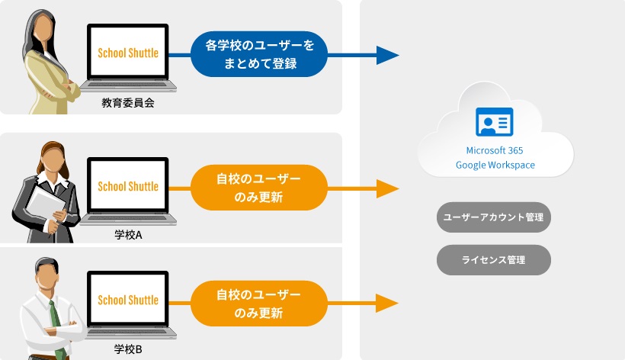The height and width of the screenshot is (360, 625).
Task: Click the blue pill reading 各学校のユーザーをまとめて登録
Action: click(x=259, y=55)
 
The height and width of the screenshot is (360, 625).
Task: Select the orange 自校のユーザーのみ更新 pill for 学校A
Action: click(x=259, y=188)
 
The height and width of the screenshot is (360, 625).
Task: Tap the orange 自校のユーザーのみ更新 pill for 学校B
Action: click(x=259, y=304)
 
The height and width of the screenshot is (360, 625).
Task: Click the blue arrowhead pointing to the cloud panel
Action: click(x=387, y=55)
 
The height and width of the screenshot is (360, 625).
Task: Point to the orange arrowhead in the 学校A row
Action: click(x=387, y=188)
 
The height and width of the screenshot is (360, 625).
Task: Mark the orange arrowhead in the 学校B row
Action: click(x=387, y=304)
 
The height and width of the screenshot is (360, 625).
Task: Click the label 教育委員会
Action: click(x=128, y=102)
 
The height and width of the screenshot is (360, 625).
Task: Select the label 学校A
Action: click(x=128, y=234)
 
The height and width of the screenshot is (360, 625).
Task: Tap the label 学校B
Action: click(x=128, y=349)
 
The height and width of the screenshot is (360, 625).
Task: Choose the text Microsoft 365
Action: click(x=495, y=151)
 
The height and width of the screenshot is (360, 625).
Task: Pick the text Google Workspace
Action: click(x=495, y=165)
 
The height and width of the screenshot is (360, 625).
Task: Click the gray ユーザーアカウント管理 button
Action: click(x=493, y=217)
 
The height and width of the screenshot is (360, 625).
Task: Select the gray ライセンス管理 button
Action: click(x=493, y=260)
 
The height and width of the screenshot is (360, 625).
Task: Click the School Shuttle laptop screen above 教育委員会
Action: click(x=128, y=53)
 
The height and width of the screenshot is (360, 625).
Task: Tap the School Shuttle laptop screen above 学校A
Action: click(x=128, y=186)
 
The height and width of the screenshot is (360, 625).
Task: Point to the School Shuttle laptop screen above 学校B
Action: click(x=128, y=300)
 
